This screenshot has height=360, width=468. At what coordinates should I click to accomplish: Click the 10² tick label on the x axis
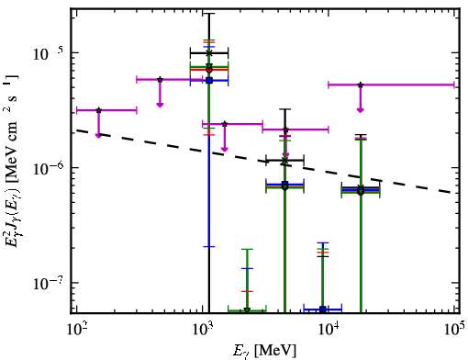coord(76,330)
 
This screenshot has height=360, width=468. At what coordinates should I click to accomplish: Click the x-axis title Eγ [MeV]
coord(264,351)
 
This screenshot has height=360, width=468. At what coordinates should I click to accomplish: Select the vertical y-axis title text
coord(11,161)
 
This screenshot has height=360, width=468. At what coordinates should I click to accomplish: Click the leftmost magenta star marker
coord(98,110)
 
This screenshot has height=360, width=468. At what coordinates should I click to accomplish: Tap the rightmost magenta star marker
coord(361,84)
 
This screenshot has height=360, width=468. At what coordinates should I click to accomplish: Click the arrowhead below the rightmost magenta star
coord(361,110)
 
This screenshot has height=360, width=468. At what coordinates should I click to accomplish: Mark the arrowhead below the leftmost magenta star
coord(98,135)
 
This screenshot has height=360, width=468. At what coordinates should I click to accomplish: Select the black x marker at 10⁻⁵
coord(209,53)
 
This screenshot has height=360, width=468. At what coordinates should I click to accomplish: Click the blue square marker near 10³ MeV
coord(209,81)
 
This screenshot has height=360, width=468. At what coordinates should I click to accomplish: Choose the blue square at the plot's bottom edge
coord(322,309)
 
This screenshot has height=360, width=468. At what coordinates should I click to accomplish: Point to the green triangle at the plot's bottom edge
coord(247,310)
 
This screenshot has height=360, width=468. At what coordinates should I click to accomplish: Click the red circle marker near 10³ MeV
coord(209,70)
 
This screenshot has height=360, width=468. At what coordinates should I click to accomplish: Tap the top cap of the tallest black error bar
coord(209,14)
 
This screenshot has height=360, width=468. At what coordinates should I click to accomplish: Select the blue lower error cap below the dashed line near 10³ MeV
coord(209,246)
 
